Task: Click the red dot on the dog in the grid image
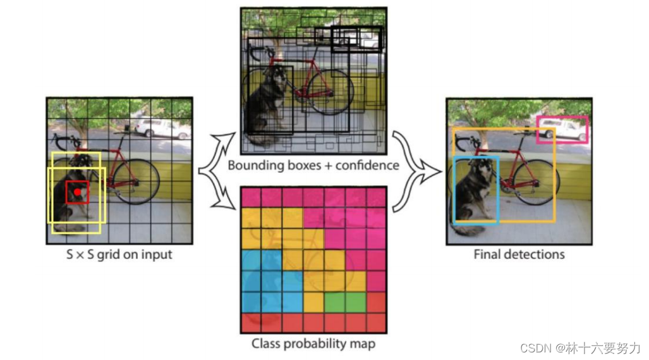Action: [77, 192]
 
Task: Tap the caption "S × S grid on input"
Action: [119, 255]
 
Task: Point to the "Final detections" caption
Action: [519, 255]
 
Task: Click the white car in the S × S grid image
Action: [161, 128]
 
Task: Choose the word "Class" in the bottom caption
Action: [265, 344]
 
